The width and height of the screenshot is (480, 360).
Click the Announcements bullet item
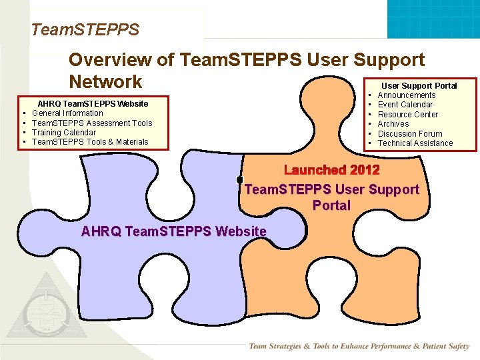(406, 95)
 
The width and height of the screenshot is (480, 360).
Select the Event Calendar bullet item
(405, 105)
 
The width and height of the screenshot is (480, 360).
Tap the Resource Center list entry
(407, 115)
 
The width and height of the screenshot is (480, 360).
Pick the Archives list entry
(393, 124)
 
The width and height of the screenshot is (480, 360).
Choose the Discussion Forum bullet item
(409, 133)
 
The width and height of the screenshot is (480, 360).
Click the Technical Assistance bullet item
(415, 143)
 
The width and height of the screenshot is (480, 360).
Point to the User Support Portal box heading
(419, 86)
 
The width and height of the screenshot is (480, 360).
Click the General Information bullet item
(67, 113)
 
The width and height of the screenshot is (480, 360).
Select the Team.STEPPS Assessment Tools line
(92, 123)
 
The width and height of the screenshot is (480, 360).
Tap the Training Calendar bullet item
(64, 133)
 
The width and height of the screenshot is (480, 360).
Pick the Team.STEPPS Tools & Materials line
(90, 142)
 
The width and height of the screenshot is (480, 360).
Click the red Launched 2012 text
(331, 171)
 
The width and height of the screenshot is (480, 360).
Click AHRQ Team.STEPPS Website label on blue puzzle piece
(173, 232)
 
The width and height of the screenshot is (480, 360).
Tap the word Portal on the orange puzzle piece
(331, 205)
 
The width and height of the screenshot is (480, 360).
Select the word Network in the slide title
(105, 82)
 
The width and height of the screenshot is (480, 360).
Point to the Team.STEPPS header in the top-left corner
(85, 30)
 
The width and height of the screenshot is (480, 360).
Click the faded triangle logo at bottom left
(45, 314)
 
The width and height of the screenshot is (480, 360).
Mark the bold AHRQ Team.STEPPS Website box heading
(93, 104)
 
